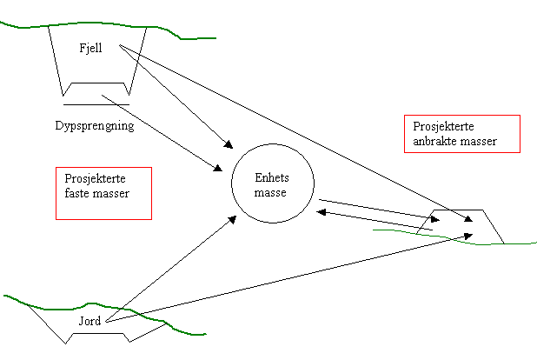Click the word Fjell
(90, 49)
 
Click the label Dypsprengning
(94, 126)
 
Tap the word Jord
(89, 321)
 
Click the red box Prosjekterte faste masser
(103, 192)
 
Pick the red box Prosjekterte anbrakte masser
(461, 133)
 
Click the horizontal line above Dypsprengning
(95, 105)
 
